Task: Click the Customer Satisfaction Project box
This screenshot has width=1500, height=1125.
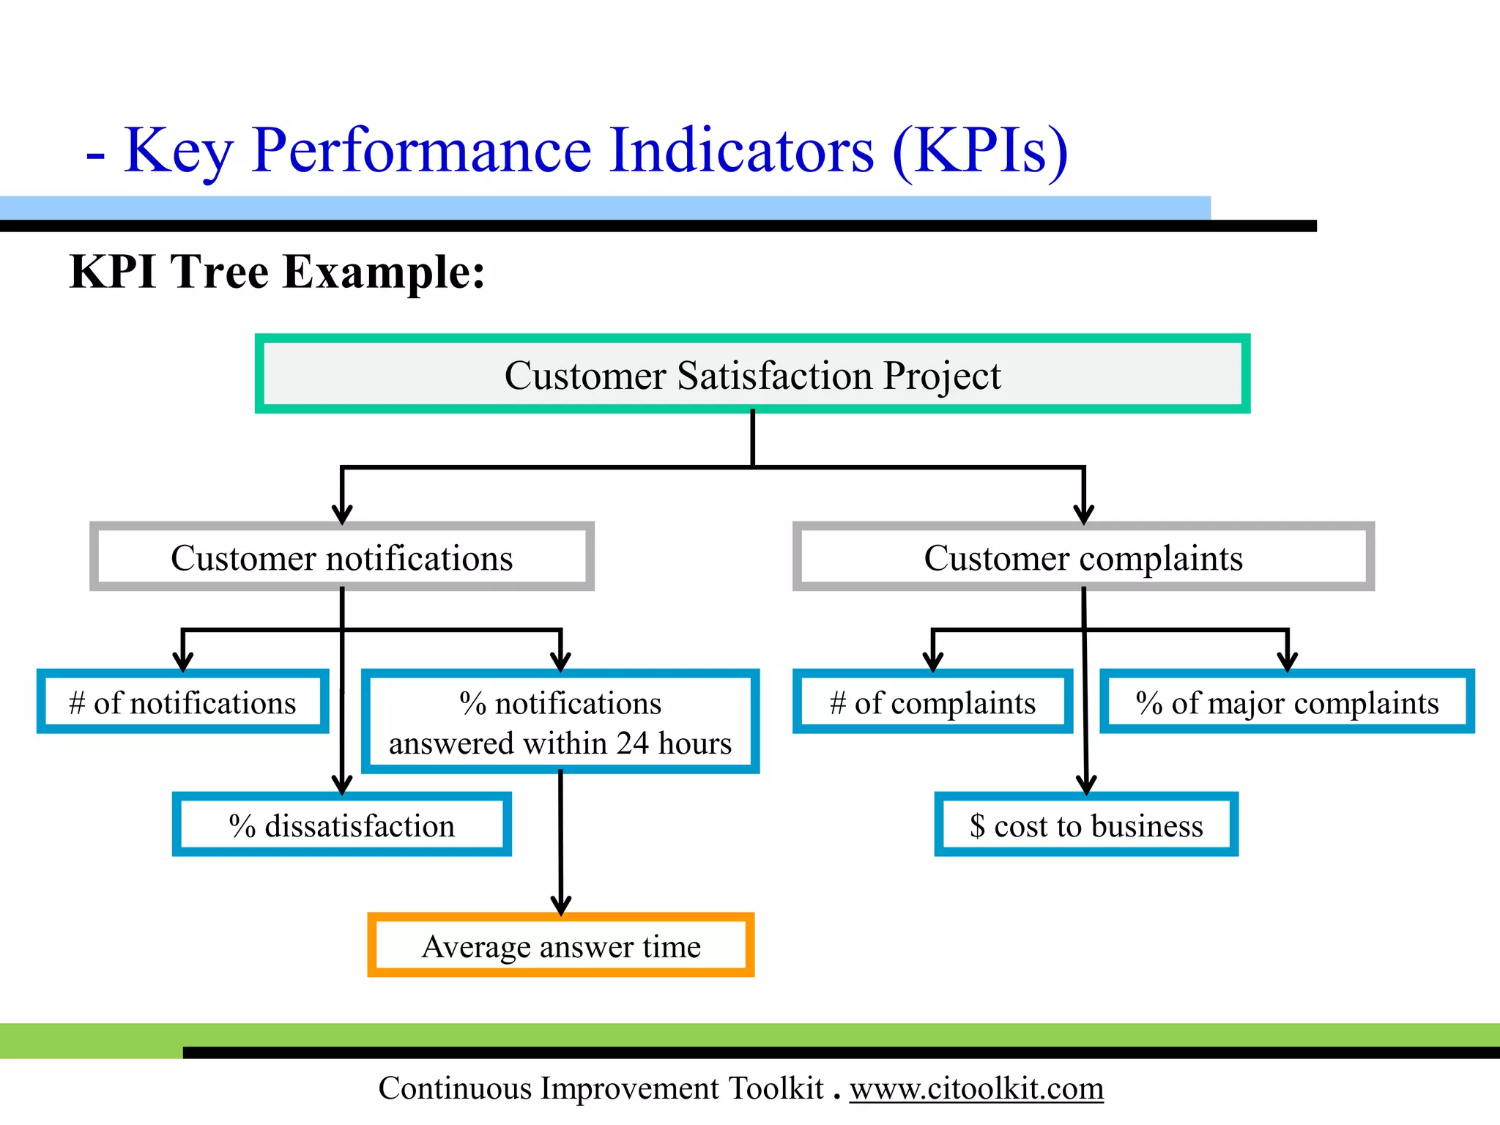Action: (x=752, y=374)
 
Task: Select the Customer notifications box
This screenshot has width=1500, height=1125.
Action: (x=341, y=557)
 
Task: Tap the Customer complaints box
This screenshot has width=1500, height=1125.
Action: (x=1083, y=557)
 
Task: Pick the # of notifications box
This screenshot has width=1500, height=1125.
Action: (x=182, y=702)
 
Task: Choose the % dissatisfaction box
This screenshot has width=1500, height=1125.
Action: (x=341, y=825)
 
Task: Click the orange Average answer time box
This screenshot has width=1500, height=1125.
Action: (x=561, y=946)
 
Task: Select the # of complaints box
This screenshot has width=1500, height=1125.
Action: (x=932, y=702)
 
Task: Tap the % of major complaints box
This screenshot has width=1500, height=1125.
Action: (x=1287, y=702)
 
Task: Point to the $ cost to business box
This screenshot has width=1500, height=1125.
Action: (x=1086, y=825)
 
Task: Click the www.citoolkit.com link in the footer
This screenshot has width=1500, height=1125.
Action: (x=976, y=1088)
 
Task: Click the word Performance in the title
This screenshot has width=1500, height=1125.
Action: (x=421, y=150)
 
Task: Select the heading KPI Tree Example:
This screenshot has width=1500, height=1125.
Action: (x=277, y=272)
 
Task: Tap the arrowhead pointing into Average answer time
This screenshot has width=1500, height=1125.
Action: (x=561, y=905)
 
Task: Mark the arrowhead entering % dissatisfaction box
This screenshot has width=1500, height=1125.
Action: (x=342, y=785)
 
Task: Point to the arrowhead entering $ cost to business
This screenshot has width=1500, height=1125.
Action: (x=1087, y=785)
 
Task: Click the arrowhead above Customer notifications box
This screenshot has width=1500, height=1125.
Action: (x=342, y=514)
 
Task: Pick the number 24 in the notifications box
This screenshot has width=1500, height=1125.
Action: (x=632, y=743)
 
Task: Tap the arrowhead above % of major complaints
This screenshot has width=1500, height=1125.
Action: (x=1287, y=662)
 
